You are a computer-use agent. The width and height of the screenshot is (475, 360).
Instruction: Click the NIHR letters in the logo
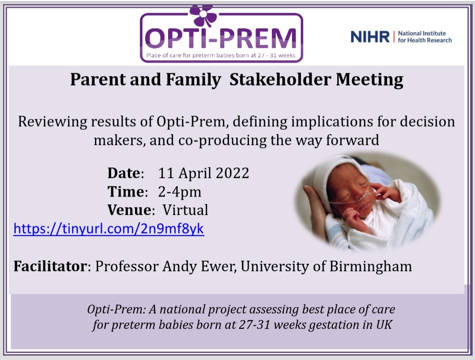370,37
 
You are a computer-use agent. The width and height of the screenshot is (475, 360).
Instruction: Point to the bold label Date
124,173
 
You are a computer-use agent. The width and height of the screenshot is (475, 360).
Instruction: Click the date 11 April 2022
204,173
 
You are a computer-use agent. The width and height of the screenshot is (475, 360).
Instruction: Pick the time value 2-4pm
179,192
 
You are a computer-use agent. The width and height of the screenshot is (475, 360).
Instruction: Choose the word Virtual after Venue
185,210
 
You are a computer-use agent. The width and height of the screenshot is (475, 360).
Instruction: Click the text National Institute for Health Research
424,37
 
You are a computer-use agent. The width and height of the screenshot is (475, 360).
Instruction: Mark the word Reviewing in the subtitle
49,121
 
